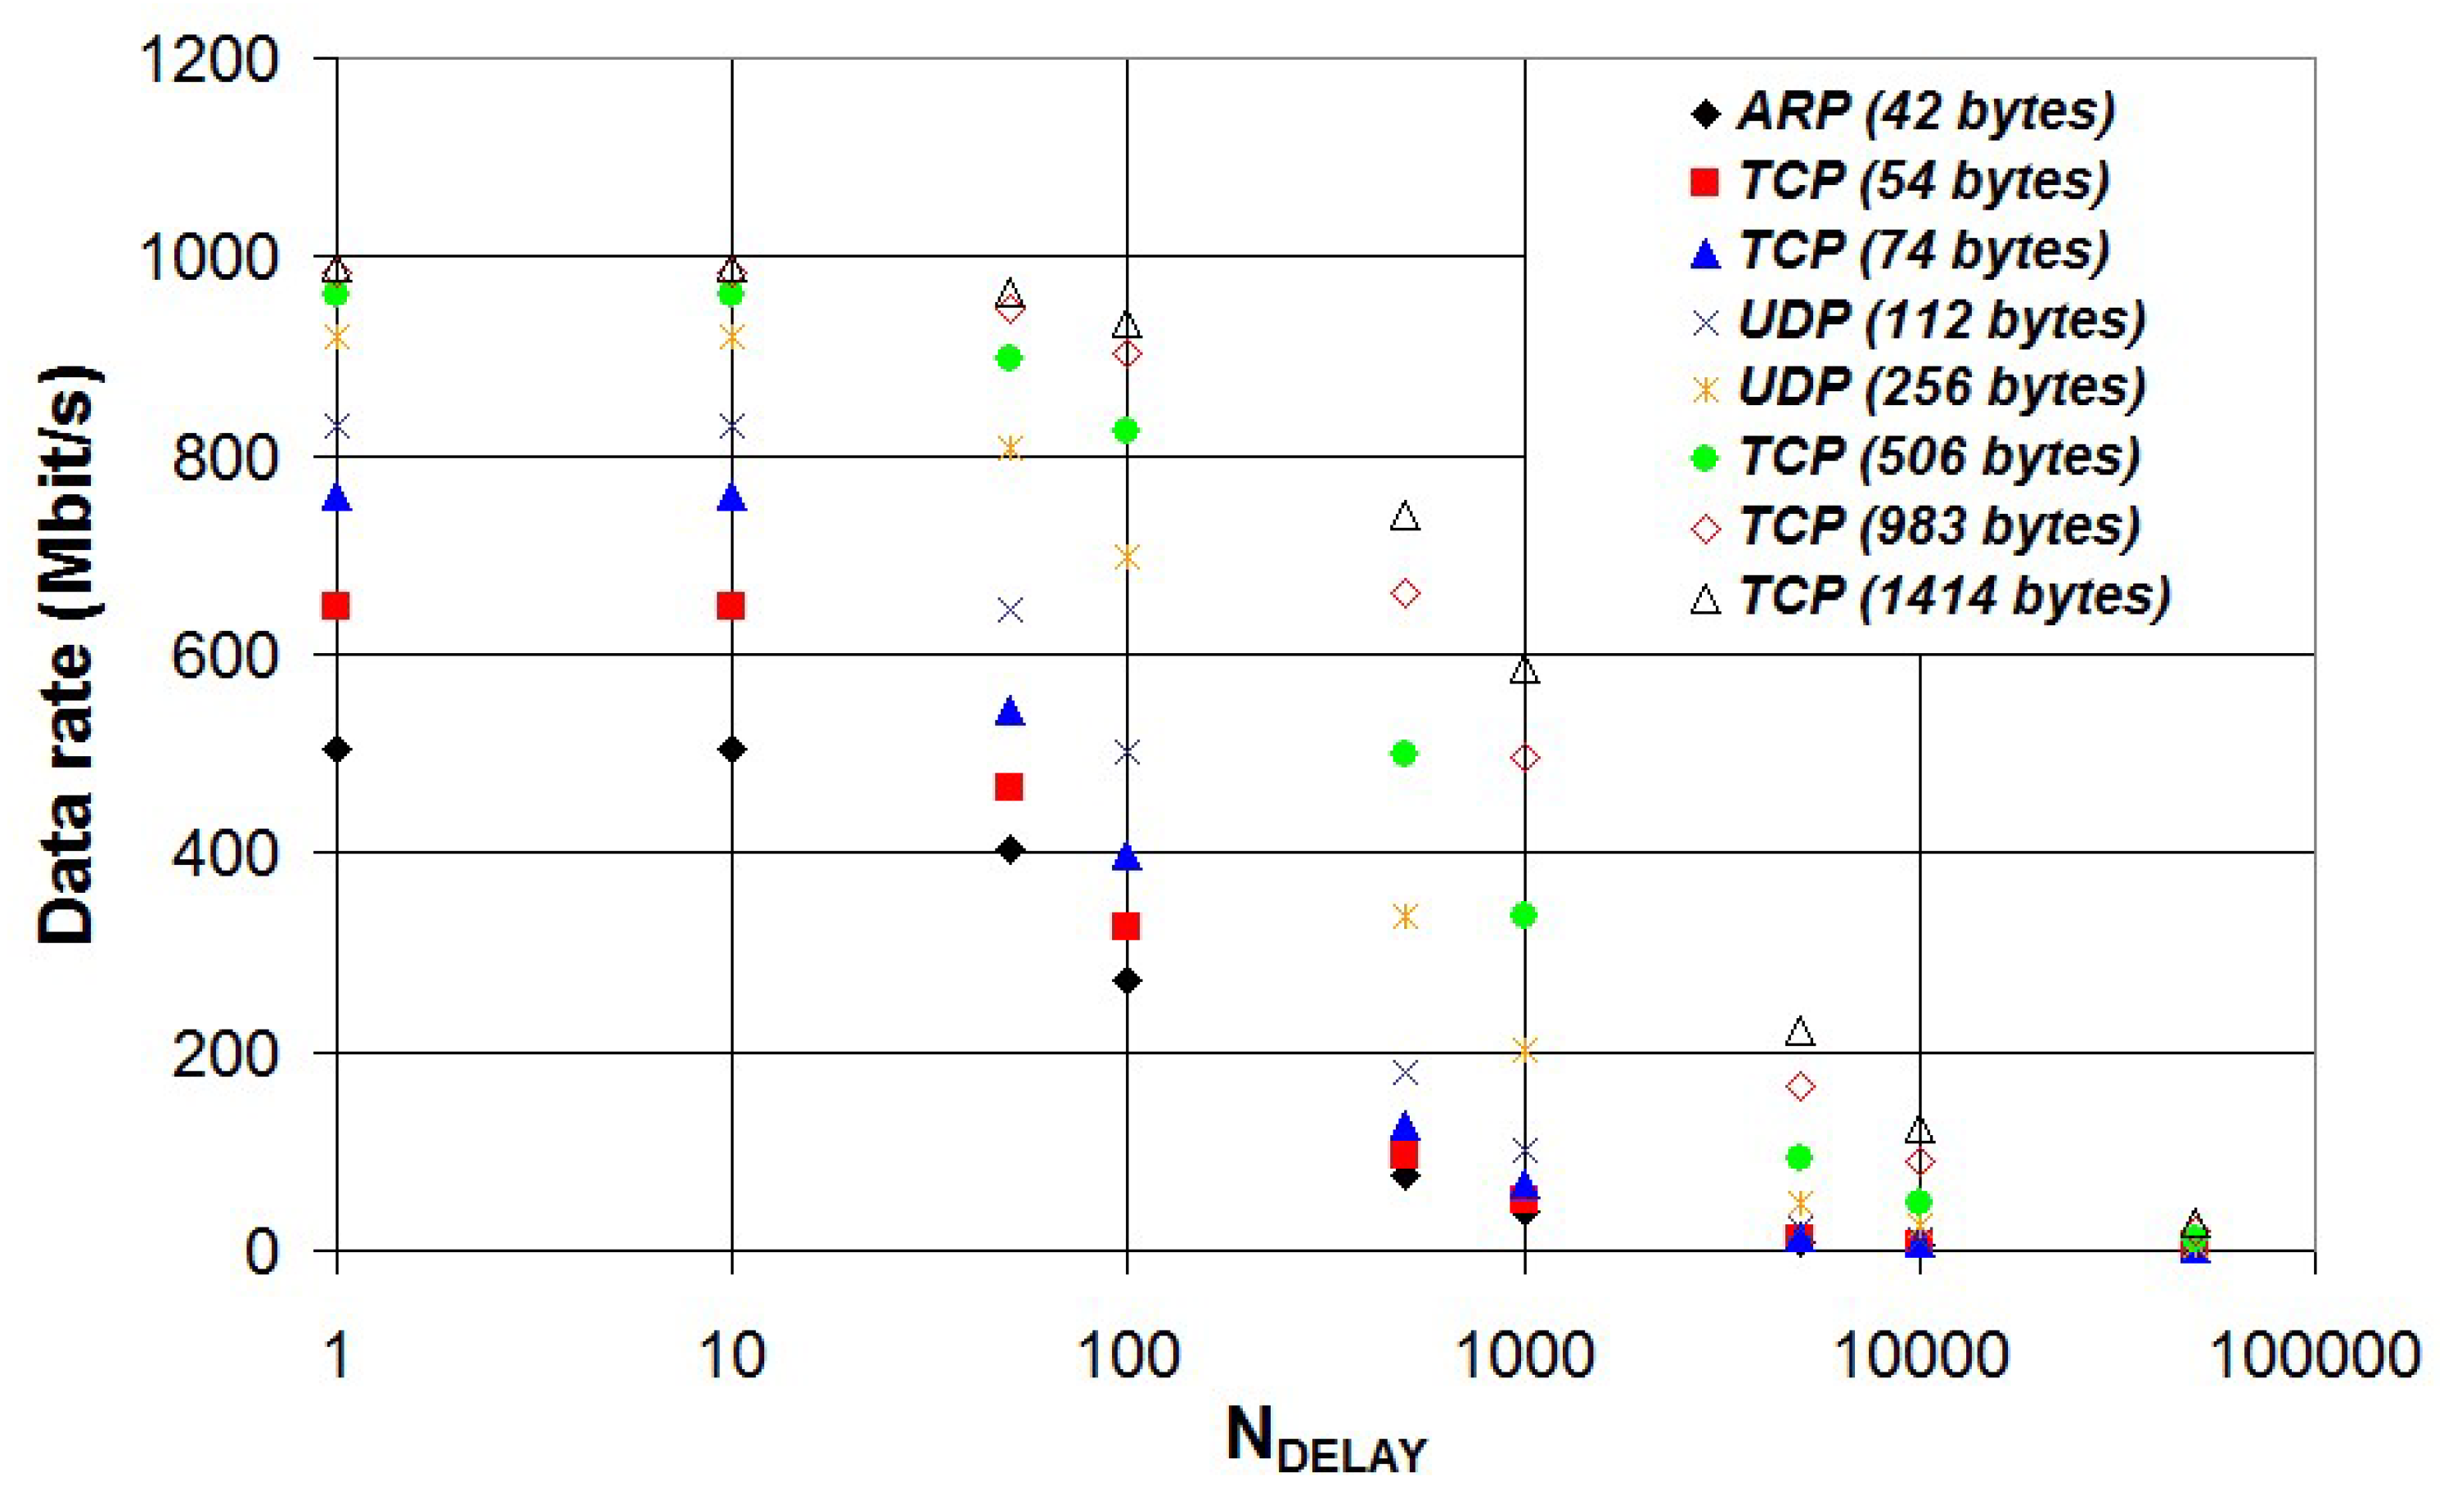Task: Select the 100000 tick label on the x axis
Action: pyautogui.click(x=2314, y=1355)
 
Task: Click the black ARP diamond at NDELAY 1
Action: pyautogui.click(x=337, y=749)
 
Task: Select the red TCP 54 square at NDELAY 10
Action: pyautogui.click(x=731, y=605)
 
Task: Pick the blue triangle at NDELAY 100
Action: pyautogui.click(x=1127, y=856)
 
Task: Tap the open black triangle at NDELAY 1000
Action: pyautogui.click(x=1524, y=670)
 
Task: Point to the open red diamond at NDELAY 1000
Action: pyautogui.click(x=1524, y=758)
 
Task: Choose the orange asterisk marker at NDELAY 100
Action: pyautogui.click(x=1127, y=557)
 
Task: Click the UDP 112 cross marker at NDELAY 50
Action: pyautogui.click(x=1010, y=611)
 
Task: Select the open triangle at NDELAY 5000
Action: pyautogui.click(x=1800, y=1032)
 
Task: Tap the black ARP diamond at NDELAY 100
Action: pyautogui.click(x=1127, y=981)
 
